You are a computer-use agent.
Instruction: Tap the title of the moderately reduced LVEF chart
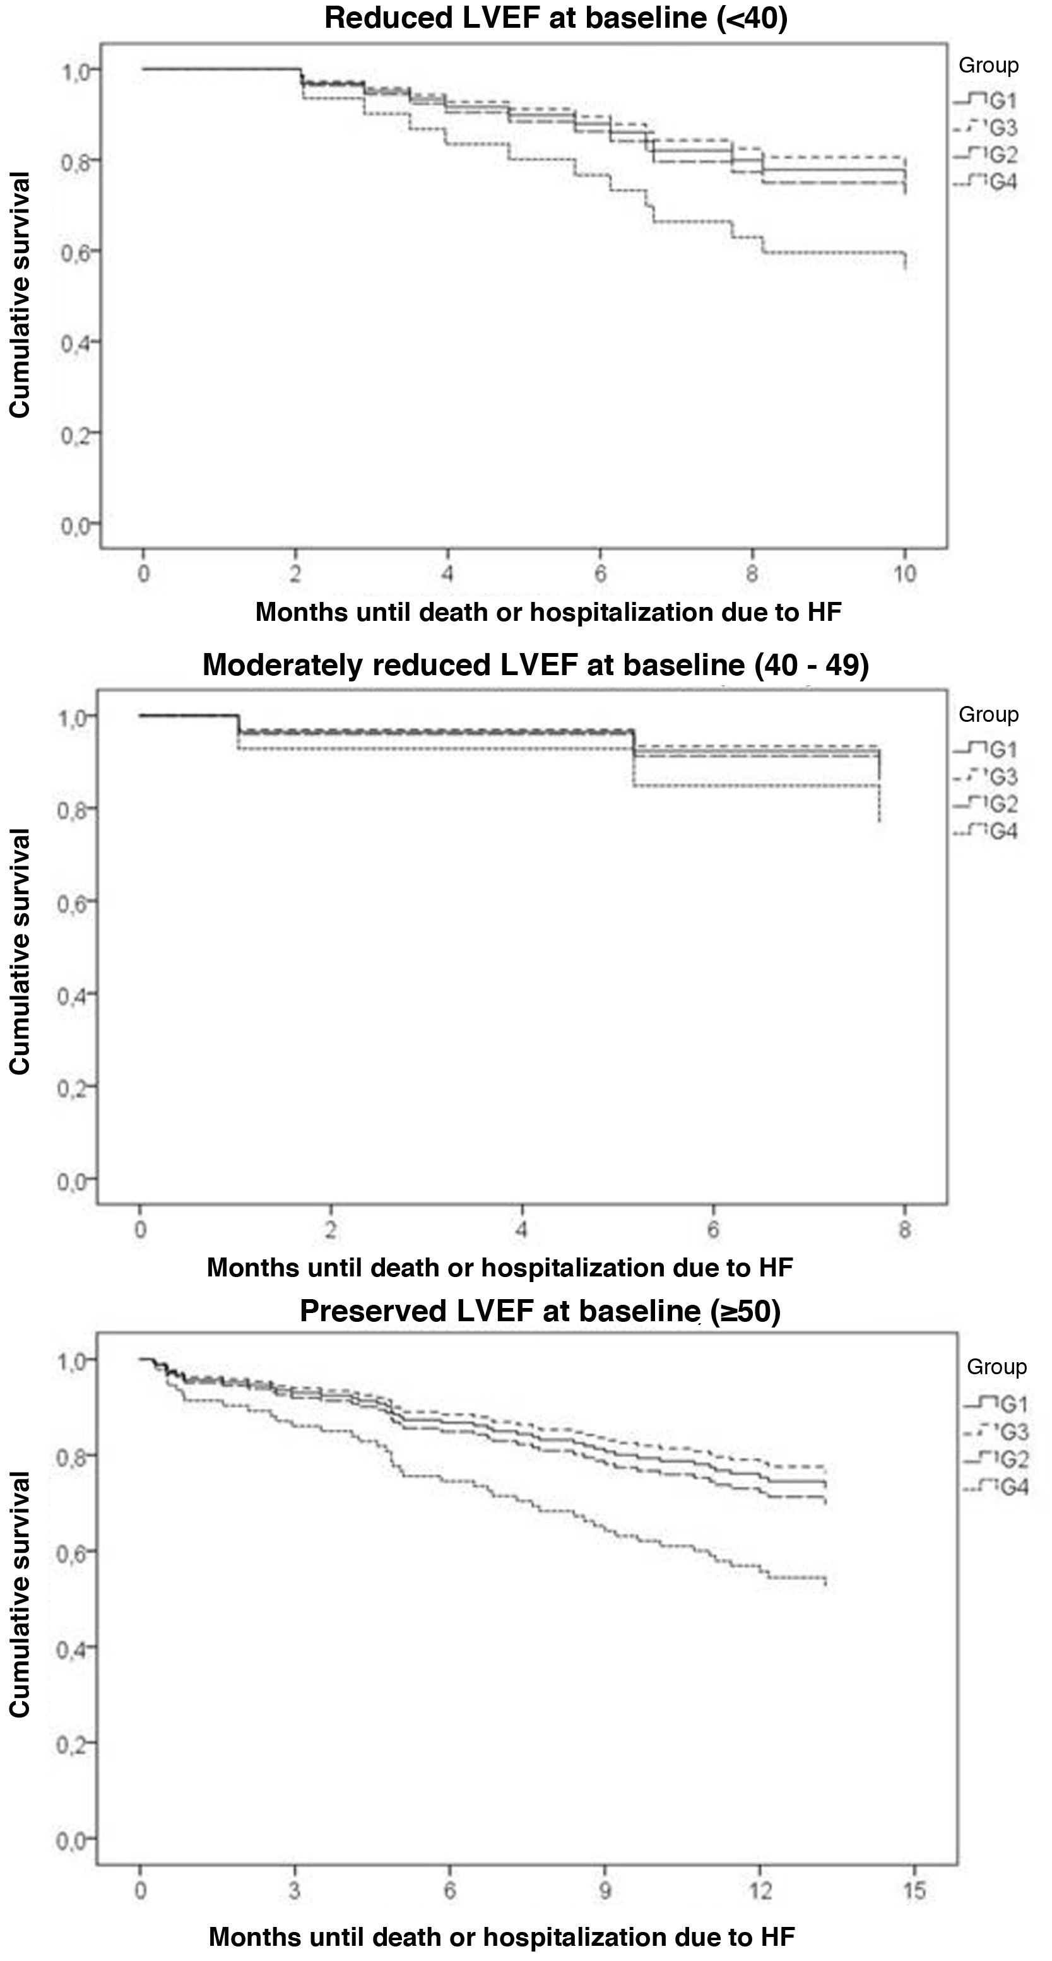(x=535, y=665)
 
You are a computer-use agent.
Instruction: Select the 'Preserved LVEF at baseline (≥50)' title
(x=540, y=1311)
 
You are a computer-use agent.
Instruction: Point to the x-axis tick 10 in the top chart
(x=904, y=574)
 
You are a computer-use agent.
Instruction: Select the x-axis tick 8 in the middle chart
(x=904, y=1230)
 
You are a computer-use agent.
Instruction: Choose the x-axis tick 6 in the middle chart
(x=713, y=1230)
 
